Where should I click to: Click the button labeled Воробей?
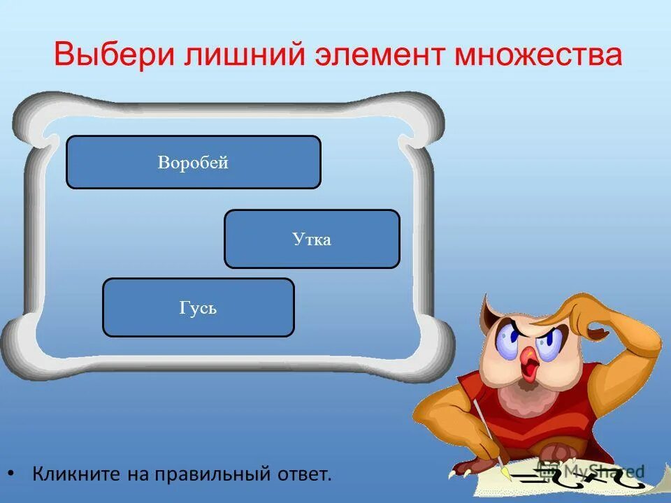click(x=194, y=162)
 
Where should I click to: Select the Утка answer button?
click(x=312, y=239)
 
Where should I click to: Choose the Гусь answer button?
click(x=199, y=307)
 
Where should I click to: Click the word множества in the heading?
click(x=538, y=54)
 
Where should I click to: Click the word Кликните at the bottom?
click(x=76, y=475)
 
